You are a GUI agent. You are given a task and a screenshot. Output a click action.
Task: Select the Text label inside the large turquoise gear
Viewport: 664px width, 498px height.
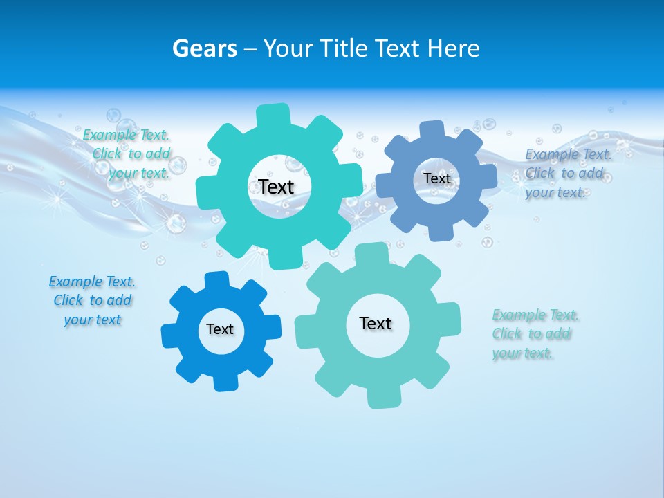coord(277,187)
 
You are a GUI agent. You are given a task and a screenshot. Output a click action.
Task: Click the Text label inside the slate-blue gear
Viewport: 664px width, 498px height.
coord(436,178)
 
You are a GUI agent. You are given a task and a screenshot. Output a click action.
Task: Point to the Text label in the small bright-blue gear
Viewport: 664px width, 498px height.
coord(220,329)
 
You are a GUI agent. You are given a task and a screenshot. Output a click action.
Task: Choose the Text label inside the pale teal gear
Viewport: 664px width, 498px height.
coord(376,323)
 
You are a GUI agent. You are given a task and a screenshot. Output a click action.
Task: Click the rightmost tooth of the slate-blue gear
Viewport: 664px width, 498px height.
coord(487,176)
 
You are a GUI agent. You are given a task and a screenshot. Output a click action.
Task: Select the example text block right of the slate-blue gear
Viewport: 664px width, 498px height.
coord(567,173)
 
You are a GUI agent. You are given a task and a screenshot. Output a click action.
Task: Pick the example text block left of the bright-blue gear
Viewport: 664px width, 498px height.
coord(93,300)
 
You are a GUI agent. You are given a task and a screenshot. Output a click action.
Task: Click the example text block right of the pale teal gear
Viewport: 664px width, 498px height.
coord(535,334)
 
